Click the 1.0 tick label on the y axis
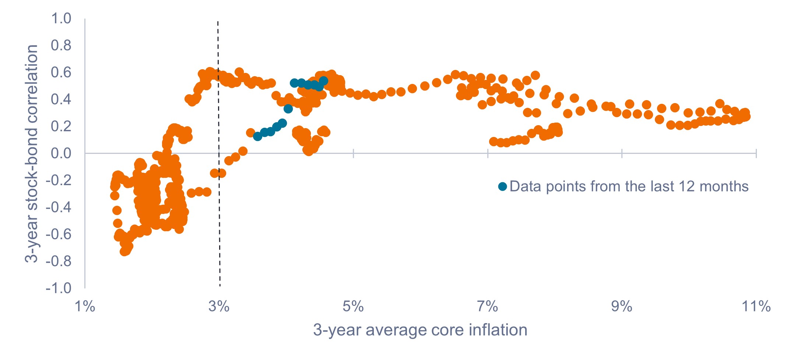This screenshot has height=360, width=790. pos(61,18)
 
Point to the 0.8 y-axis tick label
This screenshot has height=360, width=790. pos(61,45)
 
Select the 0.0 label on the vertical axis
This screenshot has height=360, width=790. pos(61,153)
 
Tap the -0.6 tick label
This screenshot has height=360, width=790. pos(59,234)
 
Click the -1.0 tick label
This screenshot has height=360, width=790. pos(59,288)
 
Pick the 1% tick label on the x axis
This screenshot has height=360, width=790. pos(85,306)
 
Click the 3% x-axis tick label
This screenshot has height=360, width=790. pos(219,306)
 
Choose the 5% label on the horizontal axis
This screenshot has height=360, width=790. pos(353,306)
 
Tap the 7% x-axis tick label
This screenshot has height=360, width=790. pos(488,306)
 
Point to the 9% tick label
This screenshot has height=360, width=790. pos(622,306)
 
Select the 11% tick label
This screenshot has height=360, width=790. pos(756,306)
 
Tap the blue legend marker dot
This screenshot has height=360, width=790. pos(502,187)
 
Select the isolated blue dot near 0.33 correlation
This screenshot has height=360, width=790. pos(288,109)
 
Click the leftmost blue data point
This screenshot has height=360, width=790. pos(258,136)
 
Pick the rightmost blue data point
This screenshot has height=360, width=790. pos(324,81)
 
